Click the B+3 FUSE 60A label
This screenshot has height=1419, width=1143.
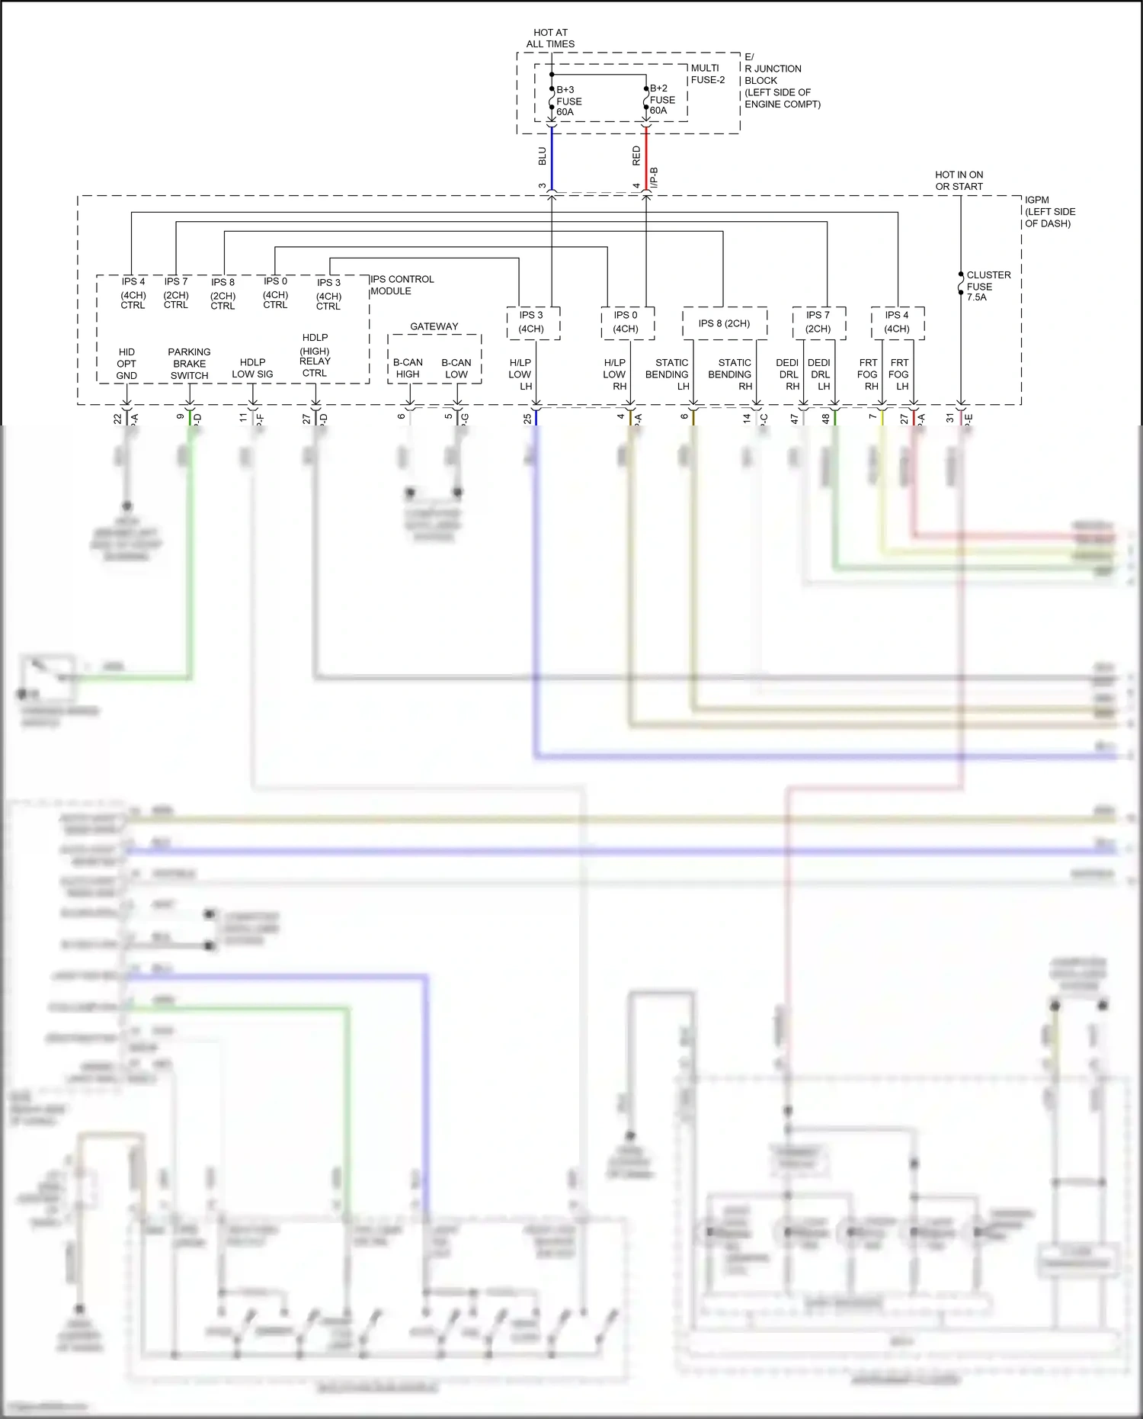(x=568, y=101)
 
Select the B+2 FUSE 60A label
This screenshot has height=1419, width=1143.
(x=661, y=99)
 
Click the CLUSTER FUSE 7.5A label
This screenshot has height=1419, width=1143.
(x=988, y=286)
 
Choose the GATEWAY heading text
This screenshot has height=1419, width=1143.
(x=434, y=326)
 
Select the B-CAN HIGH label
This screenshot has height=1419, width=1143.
(x=408, y=368)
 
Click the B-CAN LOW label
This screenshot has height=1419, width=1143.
(x=456, y=368)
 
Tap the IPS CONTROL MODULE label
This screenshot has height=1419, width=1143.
(x=402, y=285)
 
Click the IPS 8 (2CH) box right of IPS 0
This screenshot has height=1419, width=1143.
(x=724, y=323)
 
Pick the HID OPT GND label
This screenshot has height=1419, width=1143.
(x=126, y=364)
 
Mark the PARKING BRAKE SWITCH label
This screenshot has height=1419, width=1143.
(x=189, y=364)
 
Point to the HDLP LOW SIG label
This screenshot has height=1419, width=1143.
(x=252, y=368)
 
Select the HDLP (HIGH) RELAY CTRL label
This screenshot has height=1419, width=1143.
(x=315, y=355)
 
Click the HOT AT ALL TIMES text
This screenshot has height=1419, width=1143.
(x=550, y=38)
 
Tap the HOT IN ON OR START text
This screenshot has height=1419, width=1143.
(x=959, y=181)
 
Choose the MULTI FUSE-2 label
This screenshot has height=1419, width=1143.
(x=707, y=74)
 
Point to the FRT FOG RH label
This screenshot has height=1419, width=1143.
(x=868, y=374)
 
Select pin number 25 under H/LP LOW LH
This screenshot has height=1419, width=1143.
(x=527, y=419)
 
